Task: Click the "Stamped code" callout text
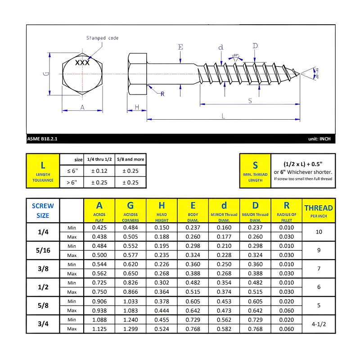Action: (x=102, y=38)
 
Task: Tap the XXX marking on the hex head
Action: (x=82, y=63)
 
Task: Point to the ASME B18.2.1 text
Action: (x=42, y=139)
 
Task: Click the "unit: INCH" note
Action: (x=319, y=139)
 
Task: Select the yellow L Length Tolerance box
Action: (x=43, y=171)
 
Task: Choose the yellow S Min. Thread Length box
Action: (x=255, y=171)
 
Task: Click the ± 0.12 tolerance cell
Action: (x=99, y=171)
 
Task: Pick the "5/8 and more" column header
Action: (x=130, y=159)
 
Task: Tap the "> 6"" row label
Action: (x=72, y=182)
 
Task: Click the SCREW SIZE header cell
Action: (x=43, y=210)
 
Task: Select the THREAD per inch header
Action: (x=319, y=210)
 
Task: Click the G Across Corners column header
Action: (x=130, y=210)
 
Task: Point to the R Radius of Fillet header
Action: (x=286, y=210)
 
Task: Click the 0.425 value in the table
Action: (x=99, y=228)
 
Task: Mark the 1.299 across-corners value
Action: (x=130, y=329)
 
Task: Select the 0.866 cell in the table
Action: (x=130, y=292)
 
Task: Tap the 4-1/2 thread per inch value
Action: (x=319, y=324)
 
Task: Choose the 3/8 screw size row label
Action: (x=43, y=269)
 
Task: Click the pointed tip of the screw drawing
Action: (x=299, y=73)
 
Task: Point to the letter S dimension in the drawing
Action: (x=250, y=101)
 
